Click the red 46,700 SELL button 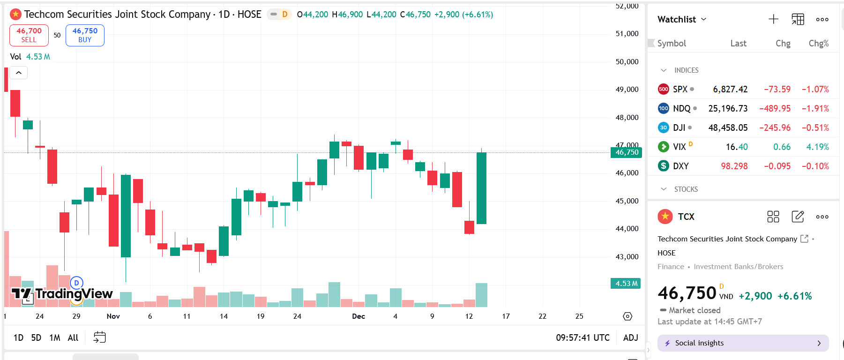tap(29, 35)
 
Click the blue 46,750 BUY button tap(85, 35)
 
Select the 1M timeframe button tap(55, 337)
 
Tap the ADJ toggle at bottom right tap(630, 337)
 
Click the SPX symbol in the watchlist tap(680, 89)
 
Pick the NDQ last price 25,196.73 tap(728, 108)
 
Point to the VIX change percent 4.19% tap(817, 147)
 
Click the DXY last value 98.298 tap(734, 166)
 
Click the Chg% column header tap(818, 43)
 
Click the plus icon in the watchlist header tap(773, 19)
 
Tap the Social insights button tap(743, 343)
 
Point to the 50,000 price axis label tap(627, 61)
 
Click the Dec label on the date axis tap(359, 316)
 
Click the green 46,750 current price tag tap(626, 152)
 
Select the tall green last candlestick tap(481, 188)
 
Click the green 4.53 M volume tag tap(626, 284)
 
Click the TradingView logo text tap(74, 294)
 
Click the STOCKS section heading tap(686, 189)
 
